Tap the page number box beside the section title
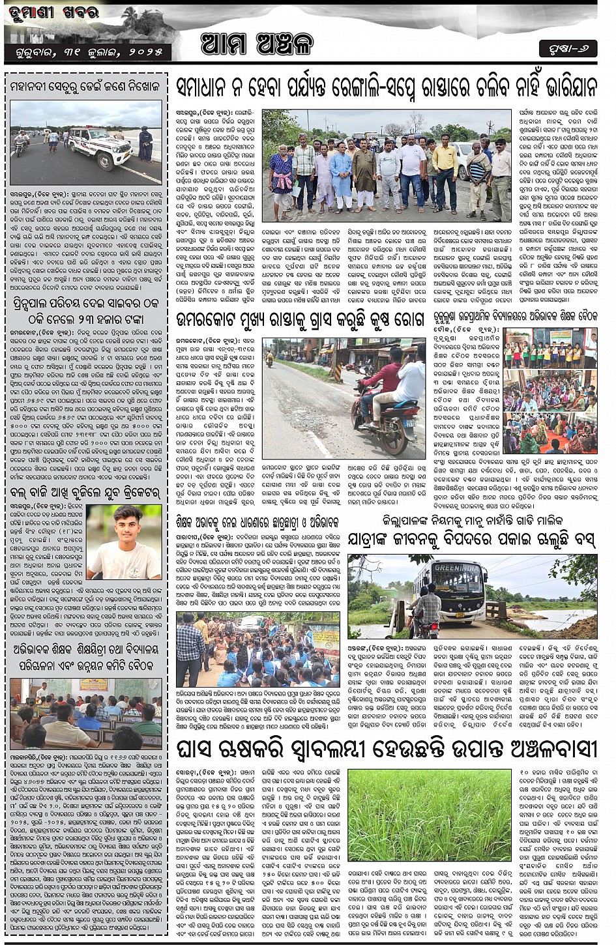568,48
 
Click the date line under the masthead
87,51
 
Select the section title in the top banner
257,44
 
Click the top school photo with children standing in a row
550,348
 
